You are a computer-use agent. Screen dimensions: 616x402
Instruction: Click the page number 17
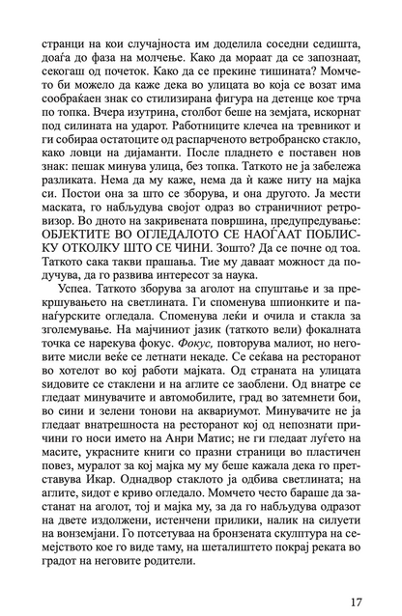pos(355,576)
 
